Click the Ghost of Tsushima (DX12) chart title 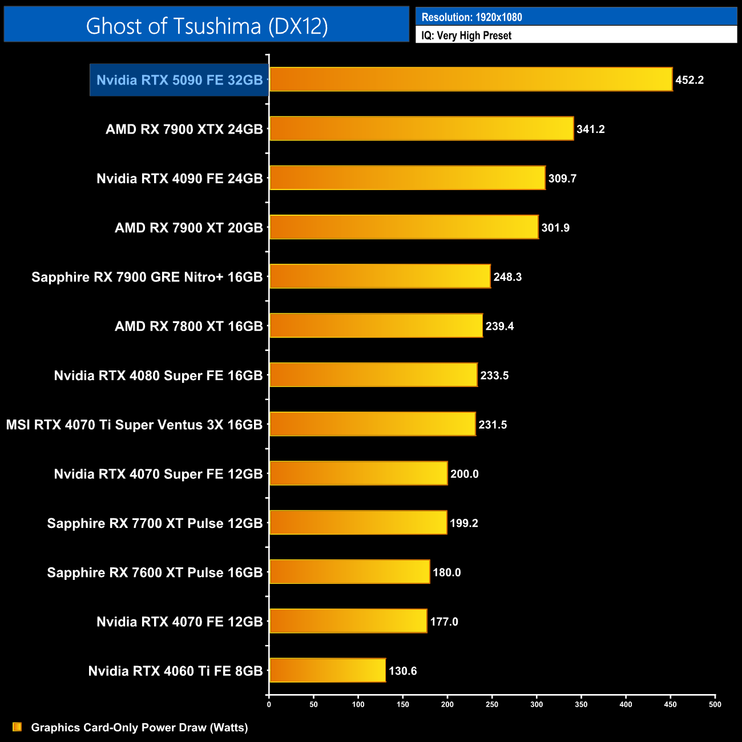coord(207,26)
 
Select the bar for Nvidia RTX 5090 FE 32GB coord(470,79)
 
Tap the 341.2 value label coord(590,129)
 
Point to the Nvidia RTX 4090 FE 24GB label coord(179,179)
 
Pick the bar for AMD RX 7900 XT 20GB coord(404,227)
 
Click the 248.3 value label coord(507,277)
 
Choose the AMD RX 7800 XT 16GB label coord(188,326)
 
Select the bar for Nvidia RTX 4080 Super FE coord(373,375)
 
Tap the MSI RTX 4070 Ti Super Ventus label coord(134,425)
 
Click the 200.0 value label coord(464,474)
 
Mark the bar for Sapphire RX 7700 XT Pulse coord(358,523)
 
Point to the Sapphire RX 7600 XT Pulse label coord(155,572)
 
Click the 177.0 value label coord(444,622)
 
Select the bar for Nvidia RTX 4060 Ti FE coord(328,670)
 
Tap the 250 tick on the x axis coord(492,704)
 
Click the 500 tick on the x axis coord(715,704)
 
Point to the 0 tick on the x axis coord(269,704)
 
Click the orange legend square coord(17,727)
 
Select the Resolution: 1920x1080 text coord(471,17)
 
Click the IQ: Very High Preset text coord(466,35)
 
